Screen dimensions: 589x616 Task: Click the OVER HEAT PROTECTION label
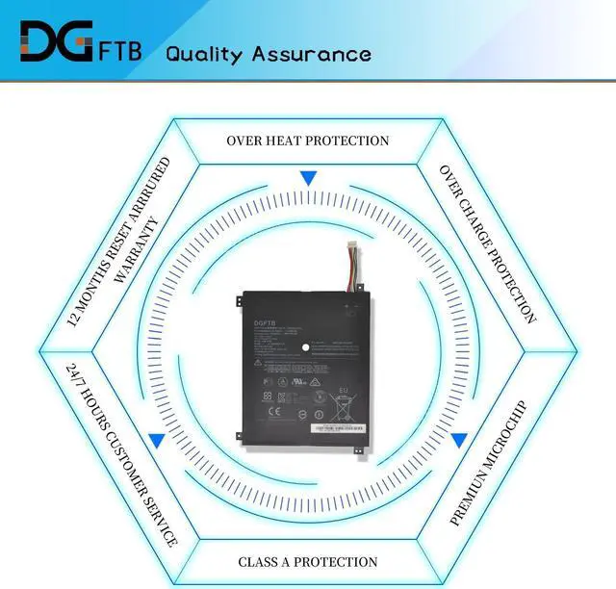(x=308, y=141)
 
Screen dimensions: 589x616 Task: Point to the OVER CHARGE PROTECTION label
(x=488, y=243)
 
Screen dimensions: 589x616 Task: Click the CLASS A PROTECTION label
(x=308, y=561)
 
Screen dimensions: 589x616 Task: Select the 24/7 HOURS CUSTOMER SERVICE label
(x=122, y=454)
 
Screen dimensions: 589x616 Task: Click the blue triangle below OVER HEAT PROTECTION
(x=308, y=178)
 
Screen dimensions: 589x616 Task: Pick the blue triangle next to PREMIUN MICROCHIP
(x=459, y=440)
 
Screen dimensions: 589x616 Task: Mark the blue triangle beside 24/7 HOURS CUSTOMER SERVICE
(x=156, y=440)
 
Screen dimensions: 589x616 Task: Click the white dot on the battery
(x=306, y=346)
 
